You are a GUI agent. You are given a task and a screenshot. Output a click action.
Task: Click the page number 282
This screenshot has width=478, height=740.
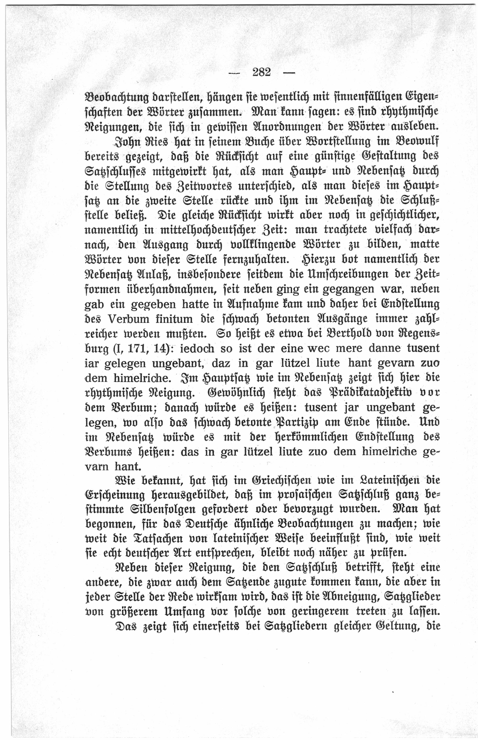pos(262,72)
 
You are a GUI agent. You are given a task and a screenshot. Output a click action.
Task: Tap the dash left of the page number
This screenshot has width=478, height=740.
pos(235,73)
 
